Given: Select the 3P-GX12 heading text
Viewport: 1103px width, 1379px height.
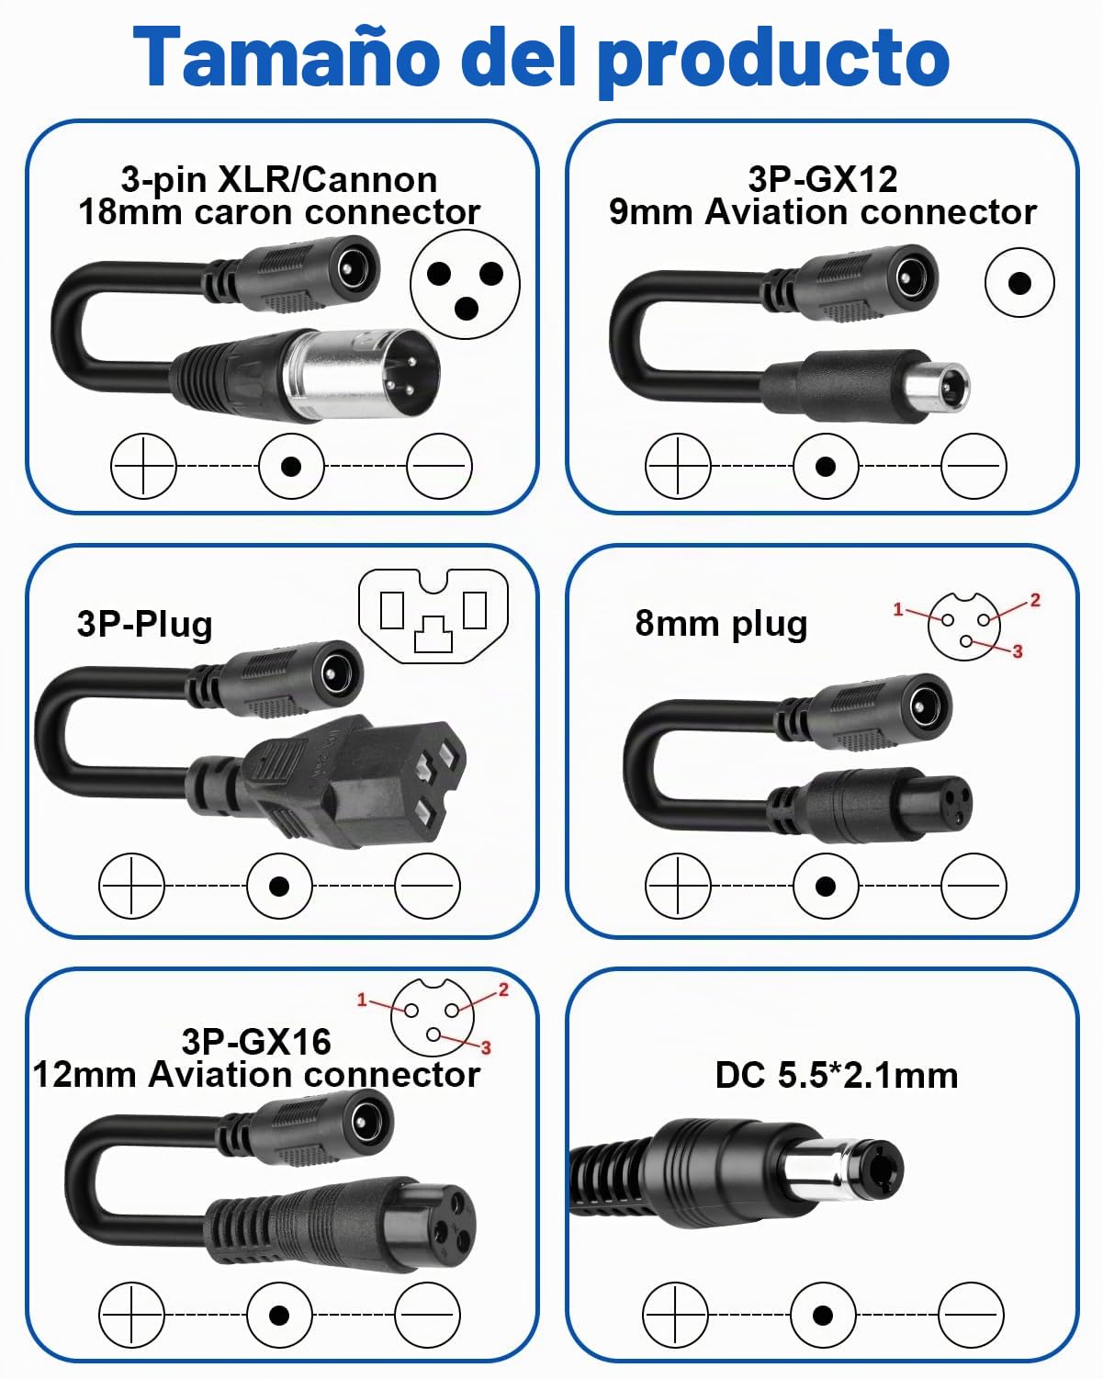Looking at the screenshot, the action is click(823, 179).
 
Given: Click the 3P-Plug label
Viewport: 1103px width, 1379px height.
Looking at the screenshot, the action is click(145, 625).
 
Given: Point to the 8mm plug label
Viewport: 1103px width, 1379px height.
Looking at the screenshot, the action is click(721, 625).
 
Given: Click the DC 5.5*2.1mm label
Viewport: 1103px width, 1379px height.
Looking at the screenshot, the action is click(836, 1075).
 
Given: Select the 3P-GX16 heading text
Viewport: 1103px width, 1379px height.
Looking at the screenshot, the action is click(256, 1041).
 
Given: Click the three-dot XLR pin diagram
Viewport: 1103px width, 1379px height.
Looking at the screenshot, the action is click(465, 284).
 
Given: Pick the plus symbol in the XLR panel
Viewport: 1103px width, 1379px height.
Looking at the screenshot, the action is click(143, 466).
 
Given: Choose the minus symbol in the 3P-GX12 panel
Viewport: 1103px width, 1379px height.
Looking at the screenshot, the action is click(974, 466).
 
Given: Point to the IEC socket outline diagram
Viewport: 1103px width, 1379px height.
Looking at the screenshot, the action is click(433, 616).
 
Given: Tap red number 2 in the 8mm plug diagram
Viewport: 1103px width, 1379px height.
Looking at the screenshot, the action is click(1035, 601).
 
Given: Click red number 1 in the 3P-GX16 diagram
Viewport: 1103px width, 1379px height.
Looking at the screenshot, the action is click(362, 1000).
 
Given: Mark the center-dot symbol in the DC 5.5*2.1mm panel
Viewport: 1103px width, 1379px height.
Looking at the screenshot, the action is click(823, 1316).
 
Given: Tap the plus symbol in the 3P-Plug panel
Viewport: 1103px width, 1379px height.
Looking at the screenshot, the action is click(131, 887).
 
